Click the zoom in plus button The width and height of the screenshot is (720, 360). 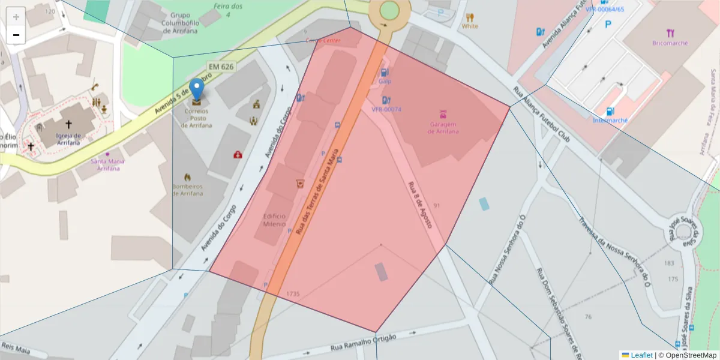click(16, 16)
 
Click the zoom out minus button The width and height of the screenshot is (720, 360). click(16, 35)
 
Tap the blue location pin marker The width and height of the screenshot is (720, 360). click(197, 91)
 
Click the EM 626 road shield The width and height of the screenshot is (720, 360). click(220, 67)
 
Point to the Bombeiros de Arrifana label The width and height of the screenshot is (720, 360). click(187, 189)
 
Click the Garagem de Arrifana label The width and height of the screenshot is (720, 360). click(443, 127)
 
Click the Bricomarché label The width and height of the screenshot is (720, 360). click(670, 43)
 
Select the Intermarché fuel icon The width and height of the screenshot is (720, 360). click(610, 111)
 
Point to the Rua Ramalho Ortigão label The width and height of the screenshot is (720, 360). click(364, 344)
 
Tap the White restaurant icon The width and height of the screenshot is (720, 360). click(470, 17)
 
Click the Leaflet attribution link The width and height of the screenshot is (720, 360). click(641, 355)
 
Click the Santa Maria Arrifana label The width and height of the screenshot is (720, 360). click(107, 164)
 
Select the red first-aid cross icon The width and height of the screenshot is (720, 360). click(238, 155)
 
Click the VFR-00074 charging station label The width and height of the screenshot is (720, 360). click(386, 109)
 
